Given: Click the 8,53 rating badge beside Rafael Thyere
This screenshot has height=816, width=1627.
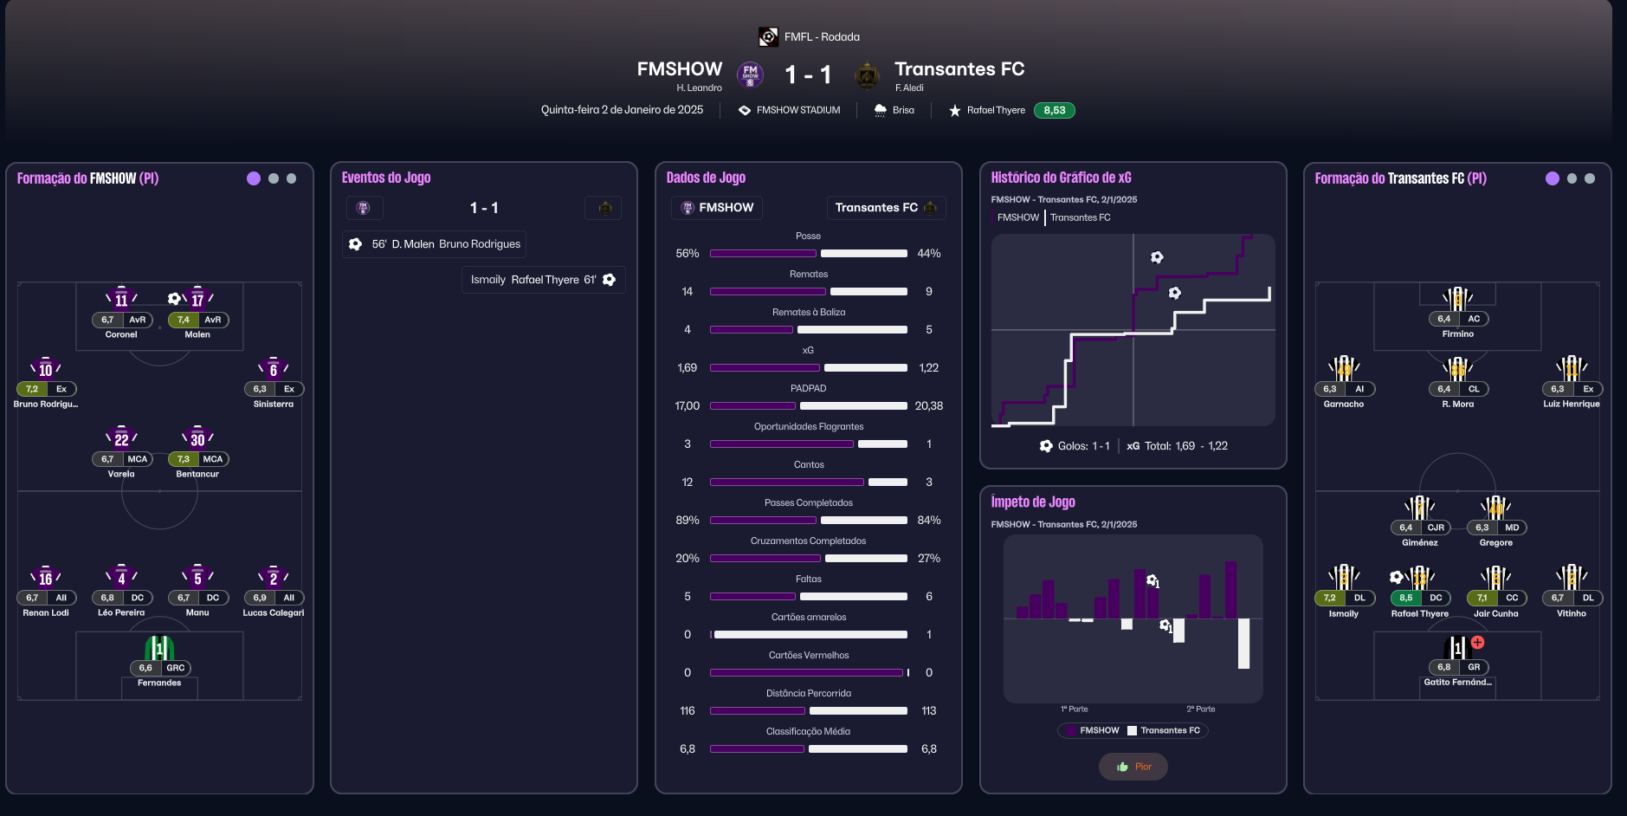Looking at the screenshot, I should pos(1054,110).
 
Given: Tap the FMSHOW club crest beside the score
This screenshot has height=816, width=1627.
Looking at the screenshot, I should pos(750,74).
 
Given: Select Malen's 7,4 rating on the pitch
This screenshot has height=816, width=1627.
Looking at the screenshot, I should pos(184,320).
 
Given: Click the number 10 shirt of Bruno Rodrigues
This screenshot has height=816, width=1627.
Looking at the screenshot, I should pos(45,369).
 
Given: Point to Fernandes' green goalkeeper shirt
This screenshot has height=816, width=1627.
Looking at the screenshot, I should pos(159,648).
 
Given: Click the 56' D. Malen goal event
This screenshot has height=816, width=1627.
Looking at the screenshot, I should pos(435,244).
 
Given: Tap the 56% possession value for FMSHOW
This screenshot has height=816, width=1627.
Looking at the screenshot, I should pos(688,254).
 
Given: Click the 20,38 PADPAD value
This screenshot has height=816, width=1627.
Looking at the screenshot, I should pos(928,406).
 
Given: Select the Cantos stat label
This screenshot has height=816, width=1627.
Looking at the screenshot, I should pos(809,465).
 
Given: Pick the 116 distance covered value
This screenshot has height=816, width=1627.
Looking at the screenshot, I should pos(688,711).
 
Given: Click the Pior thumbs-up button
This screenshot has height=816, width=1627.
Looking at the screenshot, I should pos(1133,767).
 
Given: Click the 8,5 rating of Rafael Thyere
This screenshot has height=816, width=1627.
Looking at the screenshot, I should pos(1405,598).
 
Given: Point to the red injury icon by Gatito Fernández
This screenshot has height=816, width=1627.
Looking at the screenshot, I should pos(1477,643).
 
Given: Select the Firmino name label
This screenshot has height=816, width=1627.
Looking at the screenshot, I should pos(1457,334).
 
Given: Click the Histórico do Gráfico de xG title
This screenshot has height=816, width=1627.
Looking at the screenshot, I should pos(1061,178).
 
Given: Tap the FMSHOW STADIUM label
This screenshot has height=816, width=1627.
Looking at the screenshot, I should pos(797,110).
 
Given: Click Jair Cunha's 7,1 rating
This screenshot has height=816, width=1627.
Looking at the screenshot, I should pos(1482,598).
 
